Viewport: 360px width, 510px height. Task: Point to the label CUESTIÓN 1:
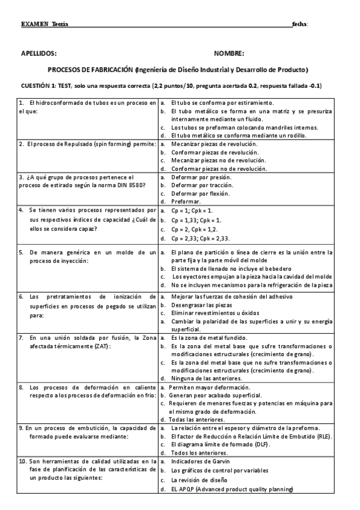click(38, 86)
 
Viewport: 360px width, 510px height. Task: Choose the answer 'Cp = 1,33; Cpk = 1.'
click(196, 221)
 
